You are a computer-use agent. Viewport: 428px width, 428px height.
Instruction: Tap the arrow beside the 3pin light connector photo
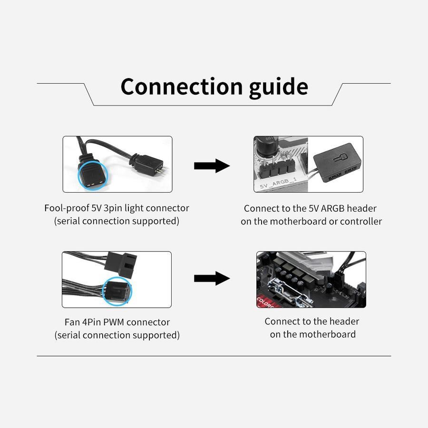point(212,165)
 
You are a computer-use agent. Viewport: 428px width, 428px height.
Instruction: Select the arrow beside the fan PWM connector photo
point(212,278)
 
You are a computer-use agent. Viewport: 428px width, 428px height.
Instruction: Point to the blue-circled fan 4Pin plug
point(117,290)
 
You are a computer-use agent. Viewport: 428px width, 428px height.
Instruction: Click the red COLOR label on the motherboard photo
point(264,302)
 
